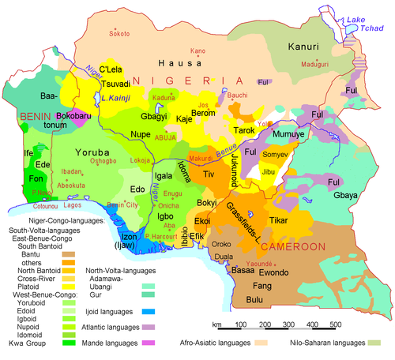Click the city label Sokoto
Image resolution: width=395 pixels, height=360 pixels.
119,34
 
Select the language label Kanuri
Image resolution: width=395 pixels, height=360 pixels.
303,47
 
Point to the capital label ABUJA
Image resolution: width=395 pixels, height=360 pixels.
165,136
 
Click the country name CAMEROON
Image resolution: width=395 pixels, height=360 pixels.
295,246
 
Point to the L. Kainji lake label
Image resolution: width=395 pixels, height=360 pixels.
116,98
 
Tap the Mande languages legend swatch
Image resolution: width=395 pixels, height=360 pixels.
146,343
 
